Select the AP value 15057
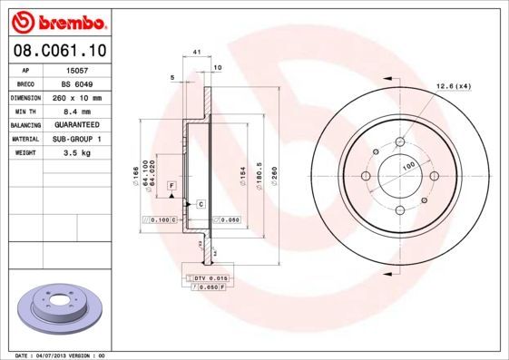tap(76, 70)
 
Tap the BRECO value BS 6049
tap(78, 83)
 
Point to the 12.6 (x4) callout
tap(454, 86)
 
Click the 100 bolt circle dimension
tap(409, 165)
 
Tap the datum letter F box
tap(170, 185)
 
